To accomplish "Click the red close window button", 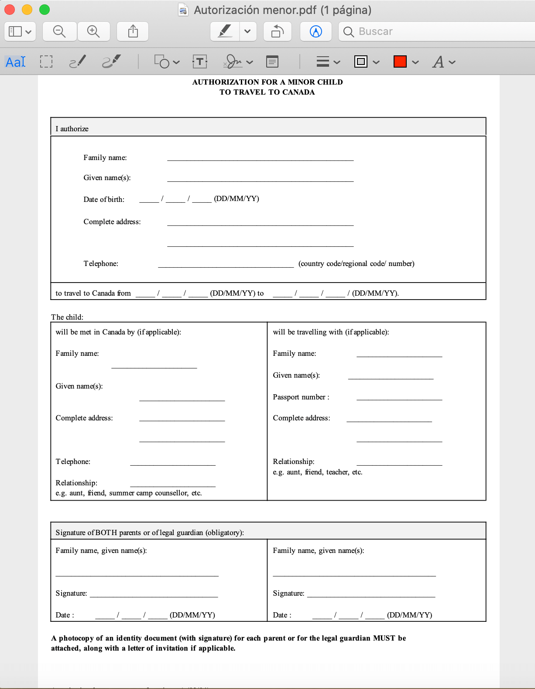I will point(10,10).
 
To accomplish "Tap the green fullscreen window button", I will point(45,10).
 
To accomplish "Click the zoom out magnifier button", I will point(59,31).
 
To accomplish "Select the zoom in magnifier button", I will point(93,31).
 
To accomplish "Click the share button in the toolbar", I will point(133,31).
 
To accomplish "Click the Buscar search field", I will point(436,31).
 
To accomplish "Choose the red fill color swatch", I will point(400,62).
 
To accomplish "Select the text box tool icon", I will point(200,62).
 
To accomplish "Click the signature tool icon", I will point(233,62).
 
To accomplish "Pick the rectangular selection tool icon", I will point(46,62).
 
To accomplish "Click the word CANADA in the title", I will point(298,92).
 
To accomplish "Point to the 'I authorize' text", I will point(72,129).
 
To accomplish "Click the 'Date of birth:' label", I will point(104,199).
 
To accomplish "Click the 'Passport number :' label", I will point(301,397).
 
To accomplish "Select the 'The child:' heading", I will point(67,317).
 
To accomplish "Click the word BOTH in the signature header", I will point(106,532).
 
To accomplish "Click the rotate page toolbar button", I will point(278,31).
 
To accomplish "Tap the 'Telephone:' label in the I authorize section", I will point(101,263).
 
